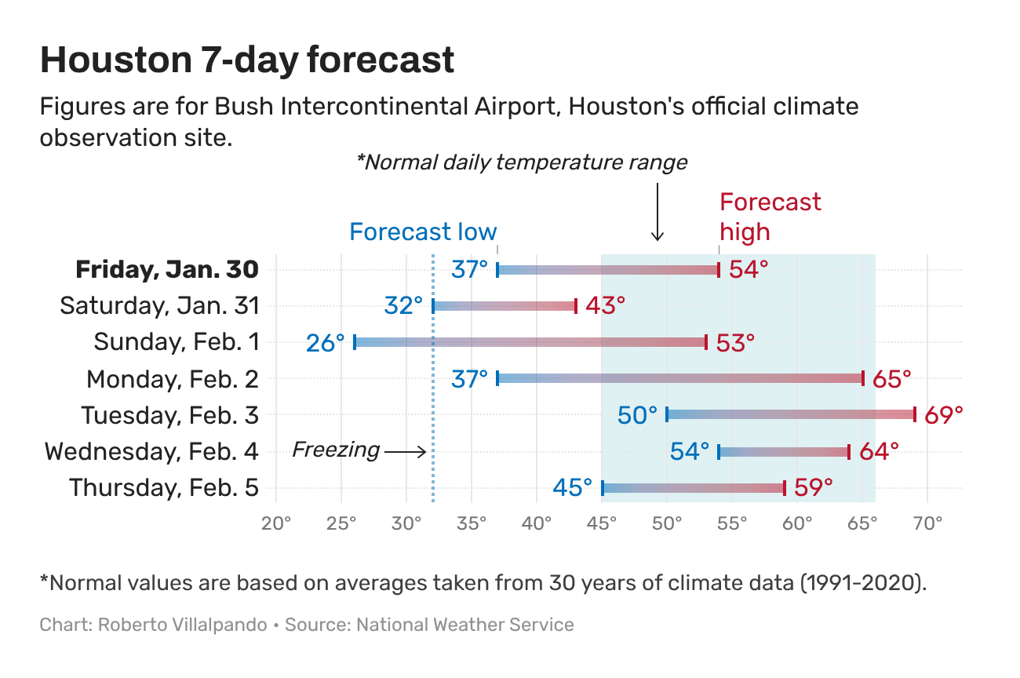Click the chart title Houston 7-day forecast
(x=247, y=60)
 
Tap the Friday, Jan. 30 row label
(x=166, y=270)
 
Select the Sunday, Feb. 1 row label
(x=176, y=342)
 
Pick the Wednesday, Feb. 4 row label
(x=151, y=451)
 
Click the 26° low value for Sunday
(x=326, y=343)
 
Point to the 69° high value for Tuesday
(x=943, y=415)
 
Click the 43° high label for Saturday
(x=605, y=306)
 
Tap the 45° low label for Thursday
(x=573, y=488)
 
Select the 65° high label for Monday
(x=891, y=379)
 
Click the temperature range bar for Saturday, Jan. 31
(x=505, y=306)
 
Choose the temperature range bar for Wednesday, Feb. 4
(x=784, y=451)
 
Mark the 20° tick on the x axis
(x=276, y=523)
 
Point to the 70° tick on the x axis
(x=927, y=523)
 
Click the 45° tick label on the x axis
(x=602, y=523)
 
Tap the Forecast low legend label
(x=423, y=232)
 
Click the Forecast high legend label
(x=770, y=217)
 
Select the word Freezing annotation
(x=336, y=450)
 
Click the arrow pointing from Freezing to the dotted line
(x=406, y=451)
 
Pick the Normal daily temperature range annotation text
(x=522, y=162)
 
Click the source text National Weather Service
(x=464, y=625)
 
